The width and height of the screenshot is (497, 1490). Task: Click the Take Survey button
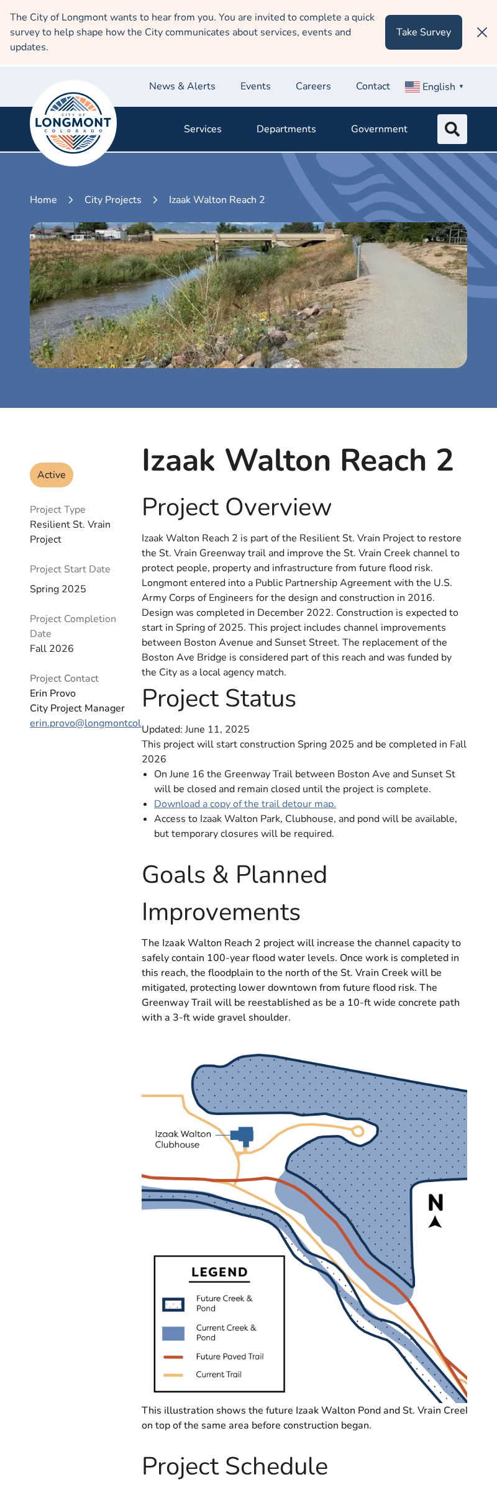(x=423, y=32)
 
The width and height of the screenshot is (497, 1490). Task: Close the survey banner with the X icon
(x=482, y=32)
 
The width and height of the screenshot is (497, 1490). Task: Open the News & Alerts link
(x=182, y=86)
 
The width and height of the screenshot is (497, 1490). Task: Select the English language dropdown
(x=434, y=87)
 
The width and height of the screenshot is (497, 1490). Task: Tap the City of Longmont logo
(x=73, y=123)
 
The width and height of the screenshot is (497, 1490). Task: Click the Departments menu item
(x=286, y=129)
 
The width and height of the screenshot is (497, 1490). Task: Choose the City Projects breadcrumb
(x=112, y=200)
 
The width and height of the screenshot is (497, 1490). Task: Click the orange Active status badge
(x=52, y=475)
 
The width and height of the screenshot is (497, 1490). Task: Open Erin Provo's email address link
(x=86, y=723)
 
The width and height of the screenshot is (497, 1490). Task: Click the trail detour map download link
(x=245, y=804)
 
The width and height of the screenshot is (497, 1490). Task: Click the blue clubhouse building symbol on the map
(x=244, y=1136)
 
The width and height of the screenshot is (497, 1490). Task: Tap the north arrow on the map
(x=435, y=1211)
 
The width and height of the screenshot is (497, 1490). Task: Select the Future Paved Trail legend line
(x=173, y=1357)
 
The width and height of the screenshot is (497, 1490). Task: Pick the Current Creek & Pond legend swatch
(x=173, y=1333)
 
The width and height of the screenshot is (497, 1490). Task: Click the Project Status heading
(x=219, y=698)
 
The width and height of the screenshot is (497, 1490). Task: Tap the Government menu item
(x=379, y=129)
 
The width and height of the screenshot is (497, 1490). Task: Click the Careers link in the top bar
(x=313, y=86)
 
